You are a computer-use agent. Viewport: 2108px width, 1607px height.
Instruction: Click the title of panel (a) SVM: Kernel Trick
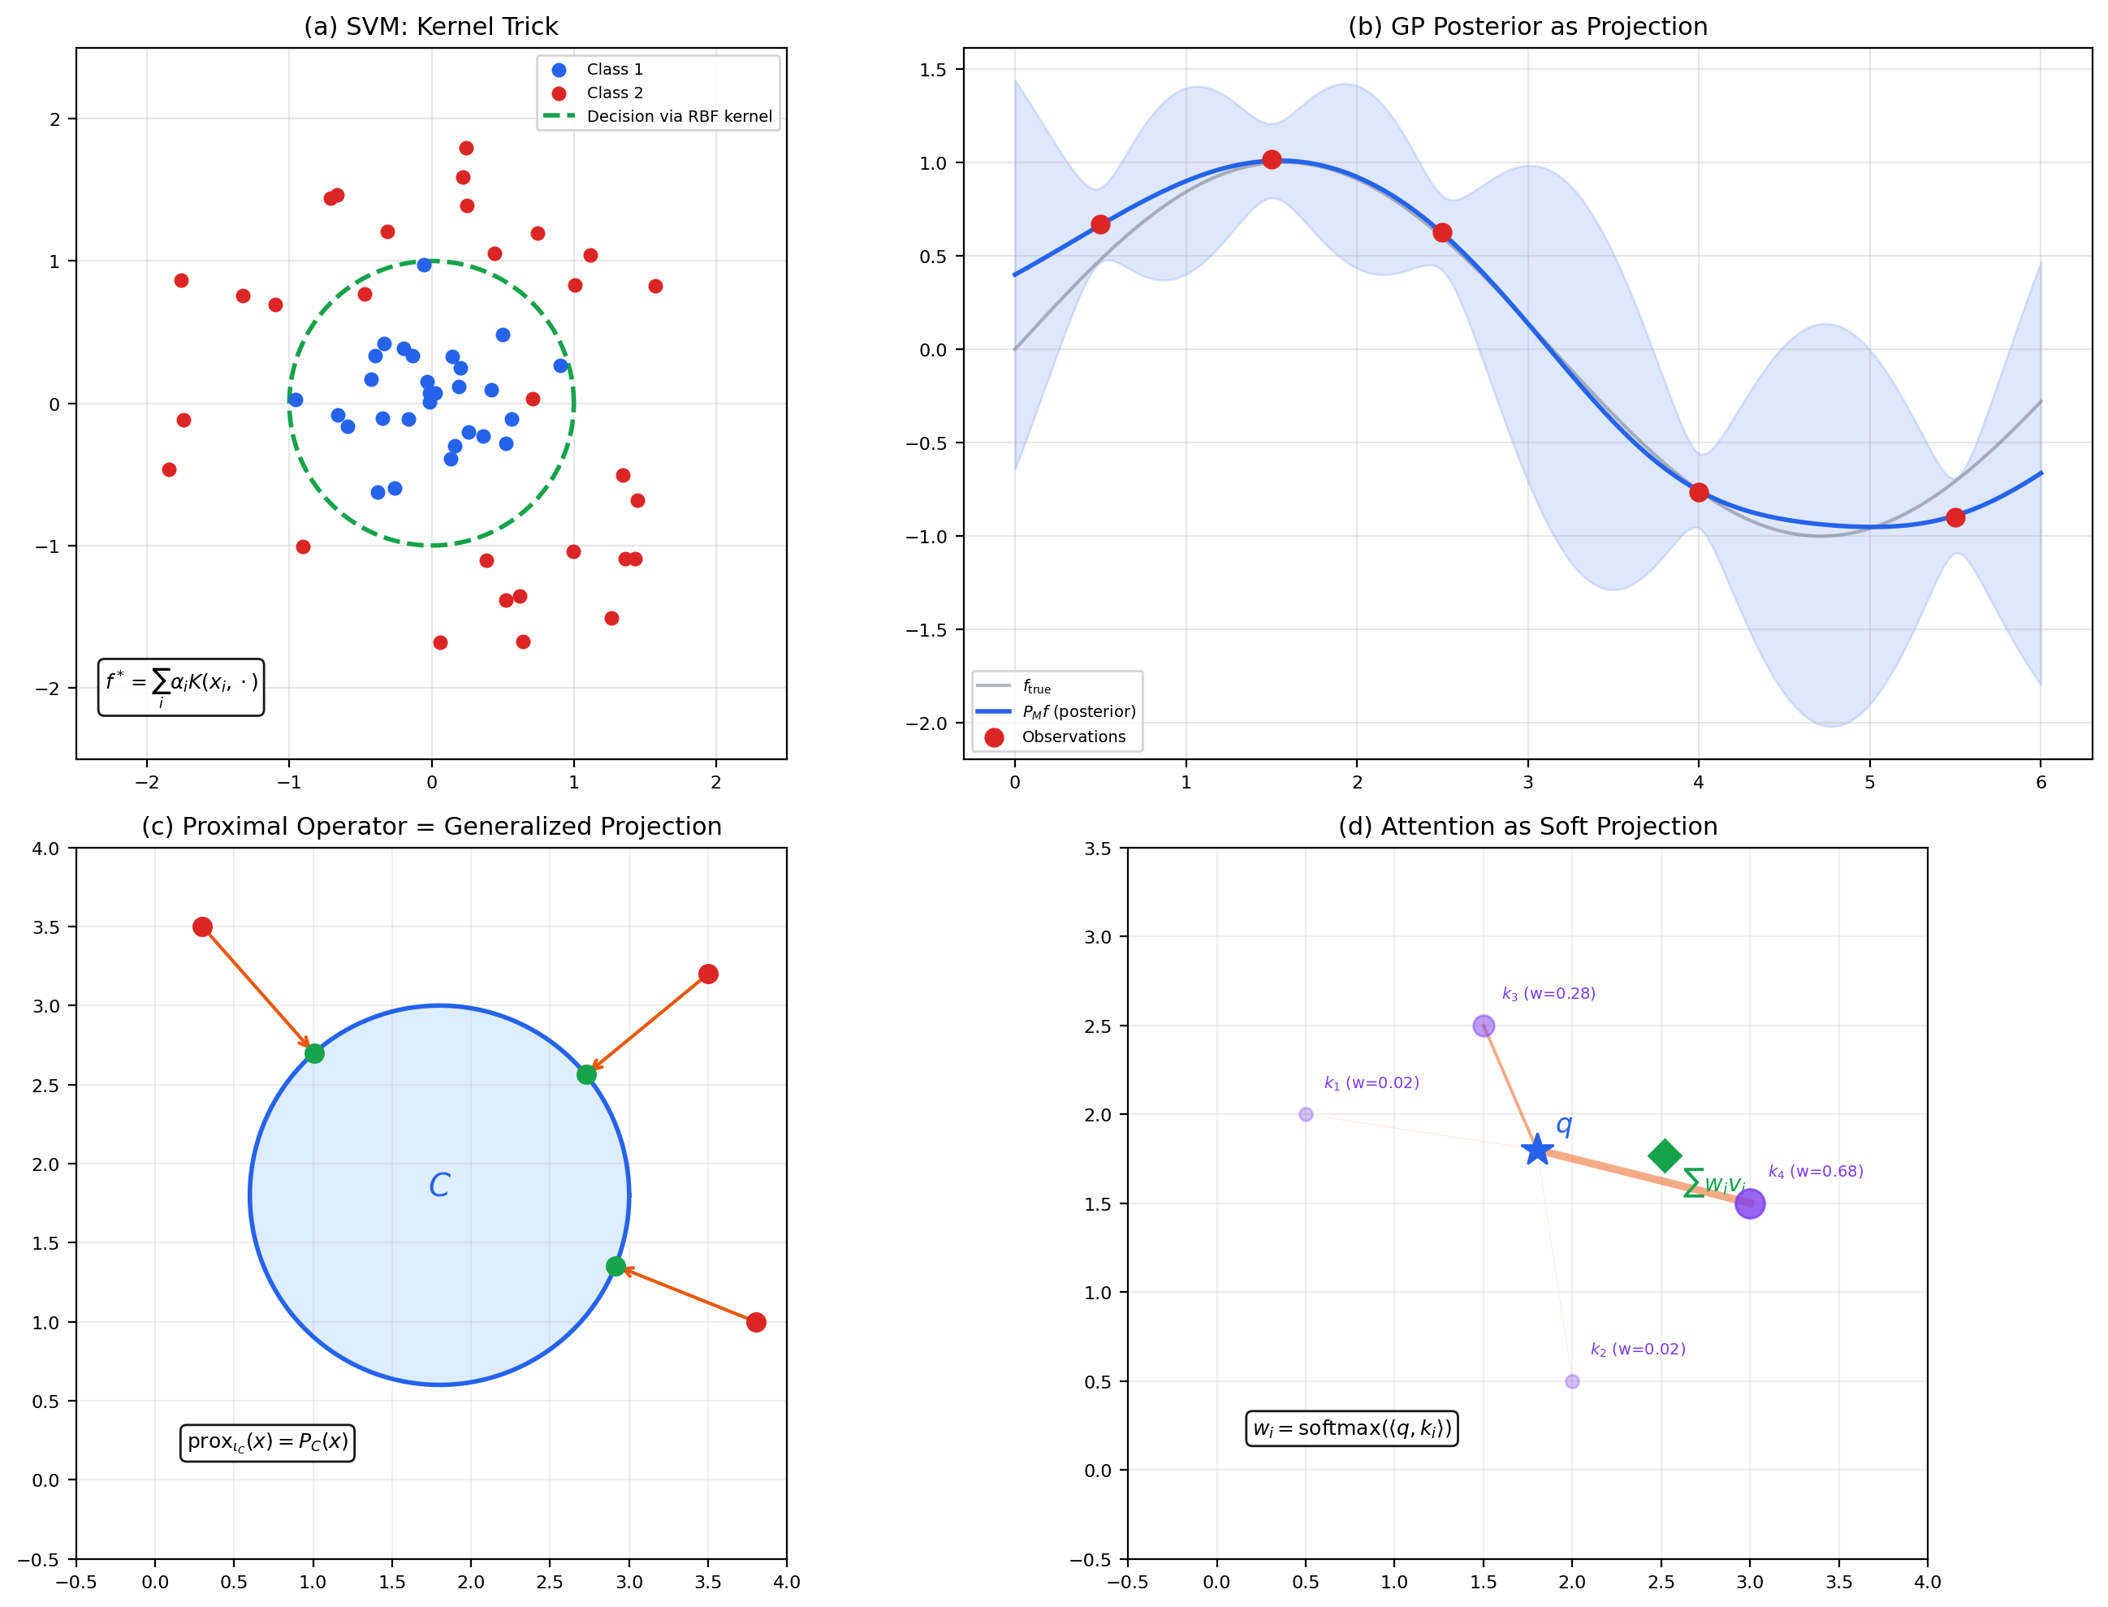[x=430, y=27]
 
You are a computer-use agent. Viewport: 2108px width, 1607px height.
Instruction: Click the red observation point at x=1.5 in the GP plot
[x=1271, y=160]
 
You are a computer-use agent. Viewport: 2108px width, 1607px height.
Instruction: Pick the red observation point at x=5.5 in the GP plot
[x=1955, y=517]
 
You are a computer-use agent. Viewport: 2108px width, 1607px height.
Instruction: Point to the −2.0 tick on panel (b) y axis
[x=925, y=724]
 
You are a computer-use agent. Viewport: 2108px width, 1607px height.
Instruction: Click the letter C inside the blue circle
[x=439, y=1186]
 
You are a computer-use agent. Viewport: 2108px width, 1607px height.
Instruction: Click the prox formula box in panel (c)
[x=267, y=1441]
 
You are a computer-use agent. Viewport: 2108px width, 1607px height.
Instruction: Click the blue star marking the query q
[x=1537, y=1150]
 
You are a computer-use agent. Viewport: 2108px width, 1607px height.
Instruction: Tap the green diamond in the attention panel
[x=1664, y=1156]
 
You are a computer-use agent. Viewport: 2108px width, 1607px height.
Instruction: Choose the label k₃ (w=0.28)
[x=1549, y=994]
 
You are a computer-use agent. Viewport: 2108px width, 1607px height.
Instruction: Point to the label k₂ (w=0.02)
[x=1637, y=1350]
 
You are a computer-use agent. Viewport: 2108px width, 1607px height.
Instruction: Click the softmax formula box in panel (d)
[x=1351, y=1428]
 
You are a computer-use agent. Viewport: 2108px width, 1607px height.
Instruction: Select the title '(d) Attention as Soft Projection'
[x=1527, y=827]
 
